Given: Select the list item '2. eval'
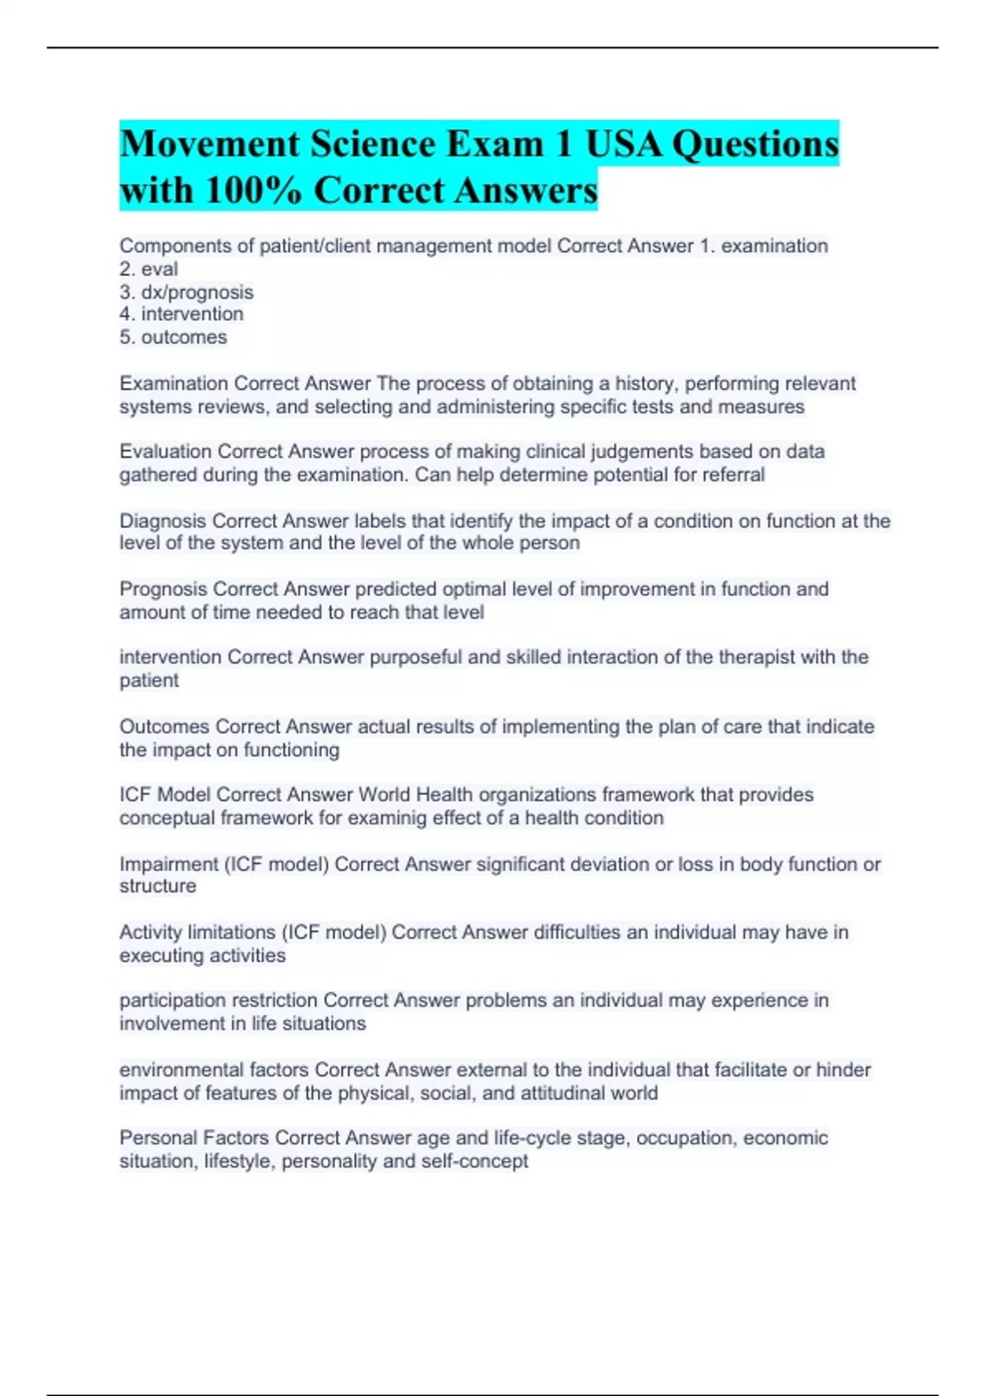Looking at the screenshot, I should (149, 269).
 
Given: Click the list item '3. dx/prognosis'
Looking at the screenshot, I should (187, 292).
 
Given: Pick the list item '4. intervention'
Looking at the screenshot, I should (182, 315).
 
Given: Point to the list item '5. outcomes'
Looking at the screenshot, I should (173, 338).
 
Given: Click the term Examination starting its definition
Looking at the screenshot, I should (173, 383).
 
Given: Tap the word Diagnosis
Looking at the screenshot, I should (163, 521).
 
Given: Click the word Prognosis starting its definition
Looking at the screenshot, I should (163, 590).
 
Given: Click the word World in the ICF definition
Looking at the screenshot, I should (385, 795).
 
